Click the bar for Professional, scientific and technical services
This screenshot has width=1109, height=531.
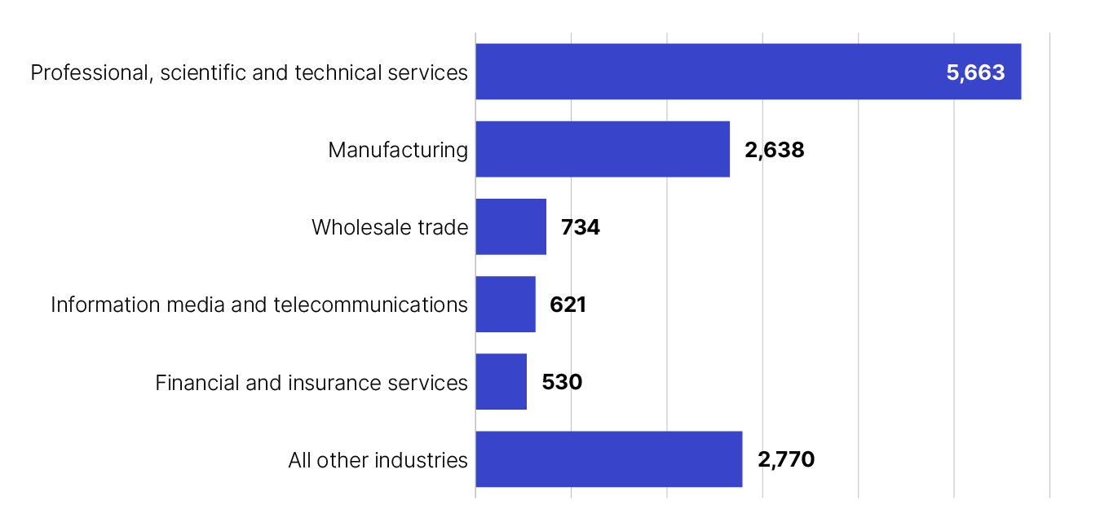point(748,72)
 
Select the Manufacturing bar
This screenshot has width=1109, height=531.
point(602,149)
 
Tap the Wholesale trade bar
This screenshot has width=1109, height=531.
point(510,226)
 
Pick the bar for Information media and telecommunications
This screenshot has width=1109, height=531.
point(505,304)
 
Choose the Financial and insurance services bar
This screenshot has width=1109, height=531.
point(501,381)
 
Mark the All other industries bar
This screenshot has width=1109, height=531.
point(608,459)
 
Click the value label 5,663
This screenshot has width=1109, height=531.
point(975,72)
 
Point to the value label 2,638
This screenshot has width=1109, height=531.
point(774,150)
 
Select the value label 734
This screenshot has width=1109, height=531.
point(581,227)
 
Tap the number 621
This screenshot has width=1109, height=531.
point(568,305)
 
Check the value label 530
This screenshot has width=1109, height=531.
point(562,382)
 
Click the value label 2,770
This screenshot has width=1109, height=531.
point(786,459)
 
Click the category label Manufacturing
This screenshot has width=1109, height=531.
point(398,150)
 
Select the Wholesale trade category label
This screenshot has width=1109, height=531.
point(390,227)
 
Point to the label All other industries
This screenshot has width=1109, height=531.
point(378,460)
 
